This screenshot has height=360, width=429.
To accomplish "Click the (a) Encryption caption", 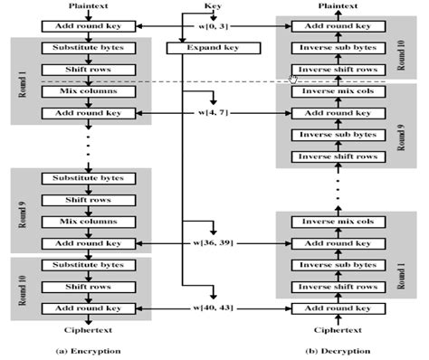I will pyautogui.click(x=88, y=348).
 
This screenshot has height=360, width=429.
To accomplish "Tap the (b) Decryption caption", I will pyautogui.click(x=337, y=348).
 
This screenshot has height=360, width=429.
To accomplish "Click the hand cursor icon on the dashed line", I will pyautogui.click(x=292, y=81).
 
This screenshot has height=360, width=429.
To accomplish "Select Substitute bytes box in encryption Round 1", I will pyautogui.click(x=88, y=46).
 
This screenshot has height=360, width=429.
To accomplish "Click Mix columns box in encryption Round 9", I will pyautogui.click(x=88, y=220).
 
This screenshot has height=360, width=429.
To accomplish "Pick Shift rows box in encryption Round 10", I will pyautogui.click(x=88, y=287).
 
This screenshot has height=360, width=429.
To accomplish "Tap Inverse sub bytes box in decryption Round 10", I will pyautogui.click(x=337, y=46).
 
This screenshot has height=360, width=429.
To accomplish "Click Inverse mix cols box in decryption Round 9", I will pyautogui.click(x=337, y=91).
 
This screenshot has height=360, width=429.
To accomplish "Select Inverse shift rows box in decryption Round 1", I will pyautogui.click(x=337, y=287).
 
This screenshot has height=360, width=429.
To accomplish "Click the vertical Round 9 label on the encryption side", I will pyautogui.click(x=19, y=210).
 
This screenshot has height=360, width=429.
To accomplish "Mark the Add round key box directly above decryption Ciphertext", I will pyautogui.click(x=337, y=309).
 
